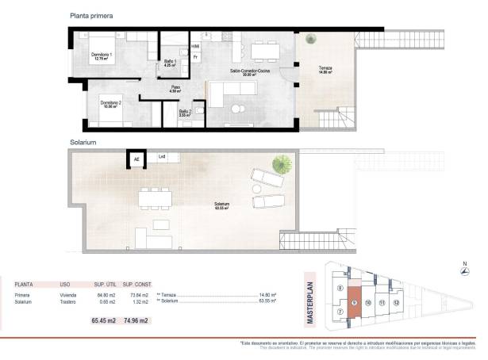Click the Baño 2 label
point(184,113)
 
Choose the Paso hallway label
point(175,89)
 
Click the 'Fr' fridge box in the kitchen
point(194,58)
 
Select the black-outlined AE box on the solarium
point(136,159)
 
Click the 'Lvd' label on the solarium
point(162,156)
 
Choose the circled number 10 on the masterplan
point(368,303)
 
